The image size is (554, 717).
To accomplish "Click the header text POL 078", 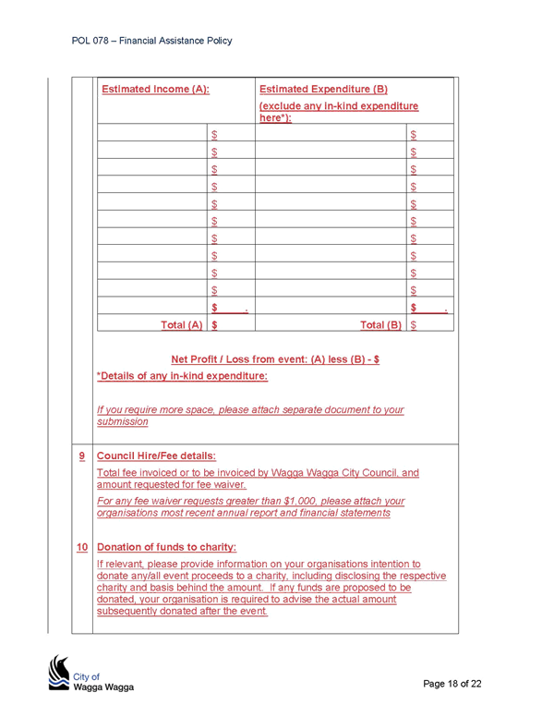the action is pyautogui.click(x=90, y=41).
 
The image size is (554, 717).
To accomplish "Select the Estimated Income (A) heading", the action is pyautogui.click(x=155, y=90).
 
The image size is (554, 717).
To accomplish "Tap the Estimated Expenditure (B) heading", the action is pyautogui.click(x=323, y=90).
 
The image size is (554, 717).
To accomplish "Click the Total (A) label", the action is pyautogui.click(x=182, y=325).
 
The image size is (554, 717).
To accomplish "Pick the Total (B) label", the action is pyautogui.click(x=380, y=325).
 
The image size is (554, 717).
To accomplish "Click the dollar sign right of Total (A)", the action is pyautogui.click(x=214, y=325).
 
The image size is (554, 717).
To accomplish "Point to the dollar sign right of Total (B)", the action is pyautogui.click(x=414, y=325).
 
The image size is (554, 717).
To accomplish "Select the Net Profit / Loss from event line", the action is pyautogui.click(x=275, y=359).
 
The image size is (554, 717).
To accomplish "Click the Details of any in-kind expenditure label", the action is pyautogui.click(x=182, y=376).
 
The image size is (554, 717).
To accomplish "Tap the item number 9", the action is pyautogui.click(x=82, y=456).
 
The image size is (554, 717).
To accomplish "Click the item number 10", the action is pyautogui.click(x=82, y=547).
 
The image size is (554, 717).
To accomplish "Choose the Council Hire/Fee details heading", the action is pyautogui.click(x=156, y=456).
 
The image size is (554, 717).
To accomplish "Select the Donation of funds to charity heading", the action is pyautogui.click(x=166, y=547).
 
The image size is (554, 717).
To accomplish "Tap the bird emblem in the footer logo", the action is pyautogui.click(x=58, y=673).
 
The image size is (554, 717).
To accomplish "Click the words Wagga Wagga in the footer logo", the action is pyautogui.click(x=103, y=687).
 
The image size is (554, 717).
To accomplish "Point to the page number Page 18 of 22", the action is pyautogui.click(x=452, y=684).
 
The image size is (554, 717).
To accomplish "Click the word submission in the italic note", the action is pyautogui.click(x=123, y=421).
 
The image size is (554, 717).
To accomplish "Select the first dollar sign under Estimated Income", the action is pyautogui.click(x=214, y=135).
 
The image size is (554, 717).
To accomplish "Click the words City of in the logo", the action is pyautogui.click(x=86, y=676).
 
